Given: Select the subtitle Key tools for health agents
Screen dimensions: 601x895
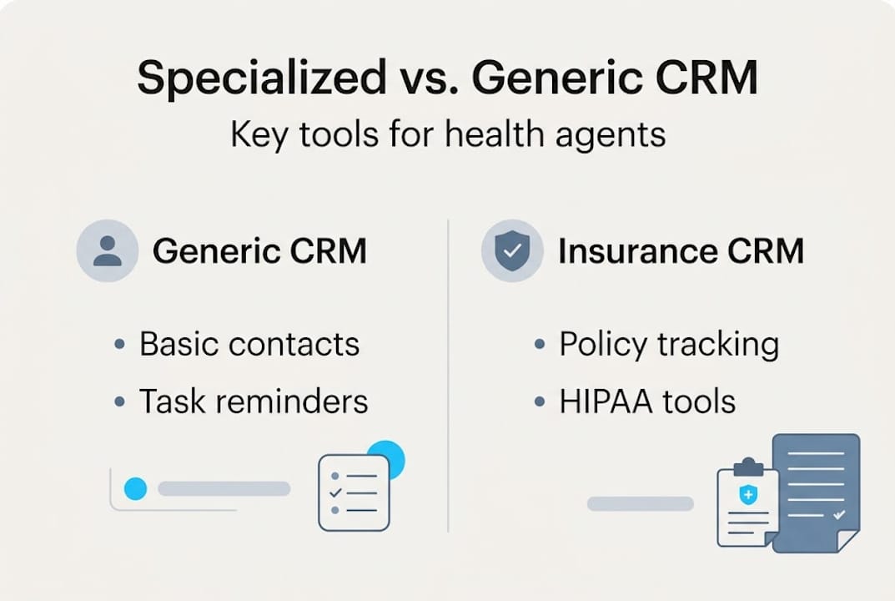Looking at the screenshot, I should [448, 134].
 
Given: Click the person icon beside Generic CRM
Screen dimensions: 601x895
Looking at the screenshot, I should [108, 250].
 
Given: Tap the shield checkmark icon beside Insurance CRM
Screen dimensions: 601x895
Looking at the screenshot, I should [512, 250].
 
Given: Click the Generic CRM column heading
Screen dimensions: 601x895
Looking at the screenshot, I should [259, 251].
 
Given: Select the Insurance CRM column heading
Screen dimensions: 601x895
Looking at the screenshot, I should [681, 251].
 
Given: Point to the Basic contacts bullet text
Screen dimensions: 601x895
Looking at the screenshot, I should [249, 344].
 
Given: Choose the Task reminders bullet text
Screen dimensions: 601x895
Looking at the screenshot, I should [254, 402].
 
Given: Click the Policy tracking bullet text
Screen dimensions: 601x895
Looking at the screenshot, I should [669, 344].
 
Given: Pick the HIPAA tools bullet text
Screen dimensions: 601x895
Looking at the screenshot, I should [647, 402].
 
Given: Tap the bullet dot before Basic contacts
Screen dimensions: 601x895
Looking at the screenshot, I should [120, 345].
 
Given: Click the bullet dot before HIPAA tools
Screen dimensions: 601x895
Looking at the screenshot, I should [540, 402].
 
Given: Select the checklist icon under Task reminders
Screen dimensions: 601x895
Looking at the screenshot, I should [353, 493].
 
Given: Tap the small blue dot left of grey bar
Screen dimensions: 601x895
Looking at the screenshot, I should [135, 489].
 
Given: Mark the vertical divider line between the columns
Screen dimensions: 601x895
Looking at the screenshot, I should [448, 376].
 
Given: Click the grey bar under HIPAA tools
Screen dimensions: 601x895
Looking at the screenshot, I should [641, 503].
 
